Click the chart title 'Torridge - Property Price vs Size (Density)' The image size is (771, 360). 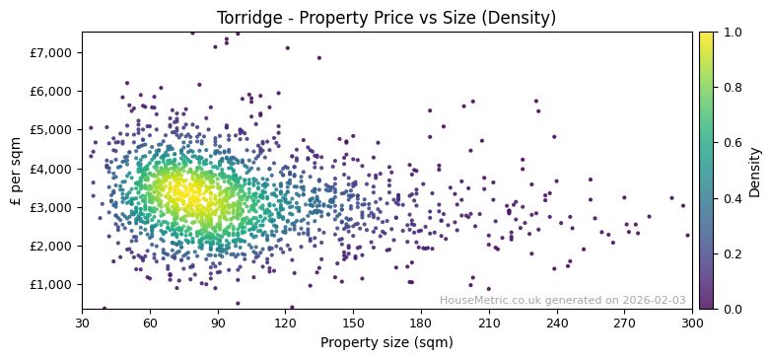386,18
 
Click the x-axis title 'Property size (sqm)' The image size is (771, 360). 386,343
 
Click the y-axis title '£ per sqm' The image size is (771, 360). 17,171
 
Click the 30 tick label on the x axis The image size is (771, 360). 82,323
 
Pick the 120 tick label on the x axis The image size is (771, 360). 285,323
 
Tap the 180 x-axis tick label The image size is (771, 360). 421,323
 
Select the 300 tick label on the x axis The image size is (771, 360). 692,323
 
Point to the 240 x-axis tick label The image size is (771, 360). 557,323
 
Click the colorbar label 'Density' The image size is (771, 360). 755,171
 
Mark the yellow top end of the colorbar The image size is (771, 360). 706,35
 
